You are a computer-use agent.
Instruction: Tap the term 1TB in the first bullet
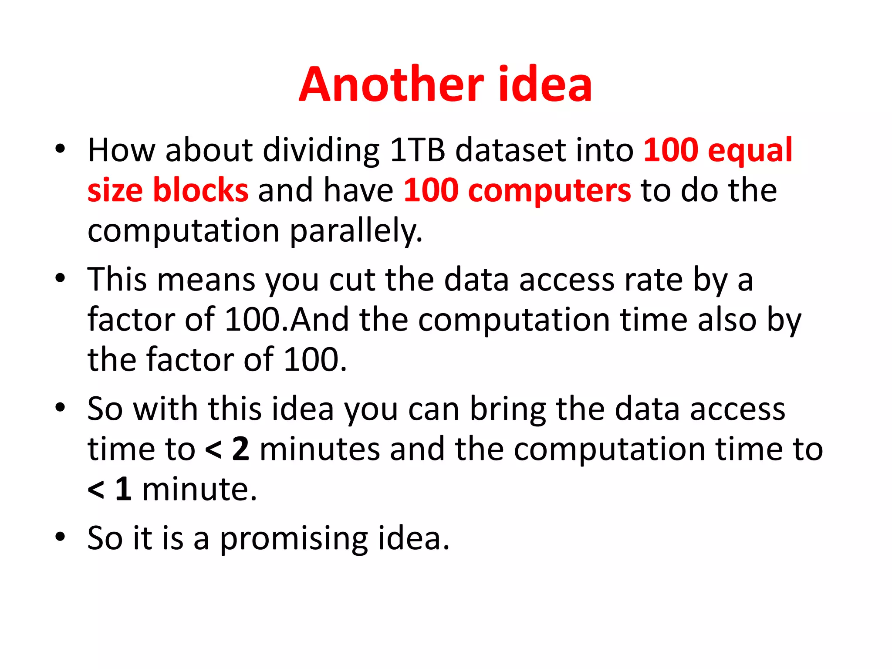pos(417,150)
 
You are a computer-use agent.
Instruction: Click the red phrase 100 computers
pos(517,191)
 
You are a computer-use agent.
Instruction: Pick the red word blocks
pos(200,190)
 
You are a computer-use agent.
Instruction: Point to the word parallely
pos(356,231)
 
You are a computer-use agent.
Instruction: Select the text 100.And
pos(287,319)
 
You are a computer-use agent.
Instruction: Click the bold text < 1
pos(109,489)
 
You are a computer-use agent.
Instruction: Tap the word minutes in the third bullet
pos(320,449)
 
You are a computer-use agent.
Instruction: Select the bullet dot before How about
pos(60,149)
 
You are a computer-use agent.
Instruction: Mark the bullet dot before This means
pos(60,278)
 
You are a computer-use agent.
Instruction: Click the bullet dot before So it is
pos(60,537)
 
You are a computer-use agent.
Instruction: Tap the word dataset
pos(510,150)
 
